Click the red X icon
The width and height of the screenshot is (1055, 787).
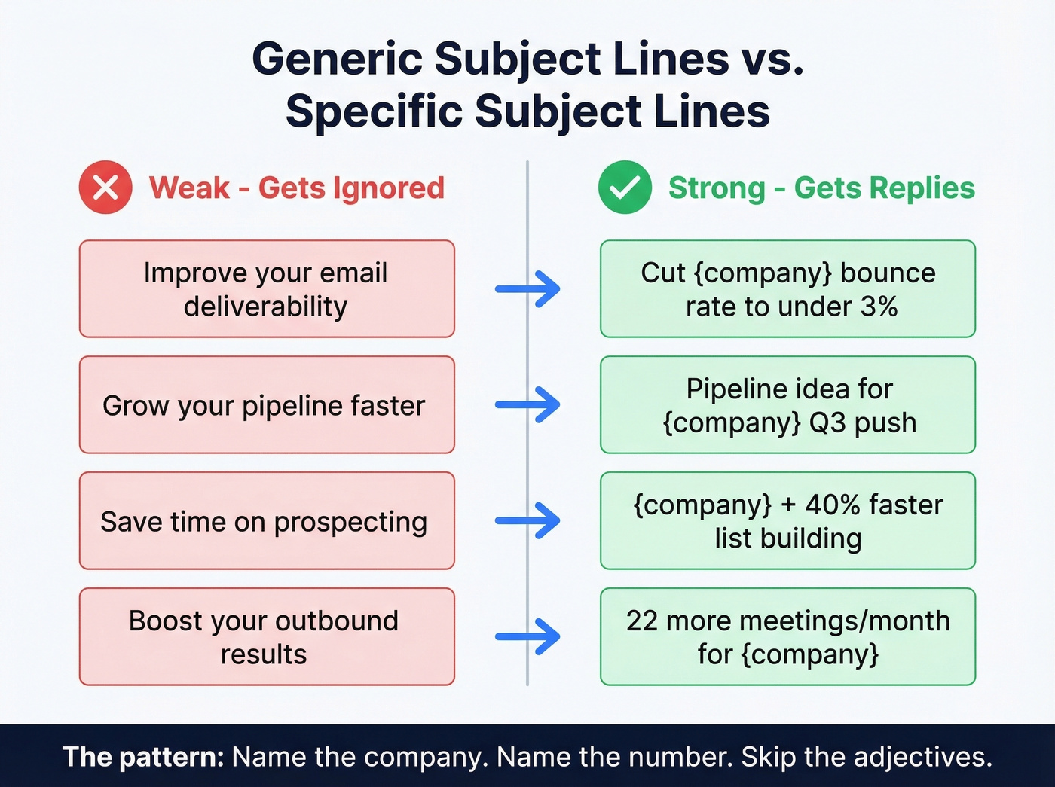tap(105, 188)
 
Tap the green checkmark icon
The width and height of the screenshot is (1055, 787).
tap(625, 188)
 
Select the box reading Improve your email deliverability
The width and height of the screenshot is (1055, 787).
tap(267, 289)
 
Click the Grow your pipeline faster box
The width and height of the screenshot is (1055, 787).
tap(267, 405)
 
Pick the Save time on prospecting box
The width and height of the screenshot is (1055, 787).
tap(267, 521)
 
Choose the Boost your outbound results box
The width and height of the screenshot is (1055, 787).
tap(267, 637)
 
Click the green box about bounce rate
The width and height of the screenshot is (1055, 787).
tap(787, 289)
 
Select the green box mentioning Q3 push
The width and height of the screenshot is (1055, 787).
tap(787, 405)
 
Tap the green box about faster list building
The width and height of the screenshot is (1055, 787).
tap(787, 521)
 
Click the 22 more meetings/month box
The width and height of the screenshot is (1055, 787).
tap(787, 637)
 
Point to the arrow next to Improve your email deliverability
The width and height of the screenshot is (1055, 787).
tap(528, 289)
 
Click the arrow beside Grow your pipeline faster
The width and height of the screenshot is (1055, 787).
tap(528, 405)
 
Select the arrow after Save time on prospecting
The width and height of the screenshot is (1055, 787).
tap(528, 521)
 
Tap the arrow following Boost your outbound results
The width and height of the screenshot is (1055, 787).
tap(528, 637)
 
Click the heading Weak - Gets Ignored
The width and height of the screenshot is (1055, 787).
tap(296, 188)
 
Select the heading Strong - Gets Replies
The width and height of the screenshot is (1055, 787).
tap(821, 188)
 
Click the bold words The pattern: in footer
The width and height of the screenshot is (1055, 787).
tap(143, 757)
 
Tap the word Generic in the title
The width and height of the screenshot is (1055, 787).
tap(337, 59)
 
